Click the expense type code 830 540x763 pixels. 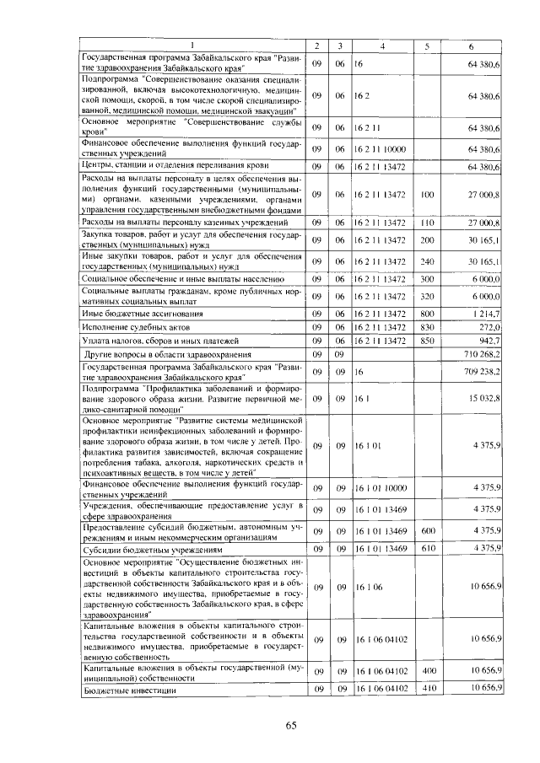click(426, 326)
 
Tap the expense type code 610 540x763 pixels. click(426, 549)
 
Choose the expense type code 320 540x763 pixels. click(426, 296)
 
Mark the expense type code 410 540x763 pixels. click(426, 690)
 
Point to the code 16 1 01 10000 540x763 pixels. click(381, 487)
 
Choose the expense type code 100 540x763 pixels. click(426, 195)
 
